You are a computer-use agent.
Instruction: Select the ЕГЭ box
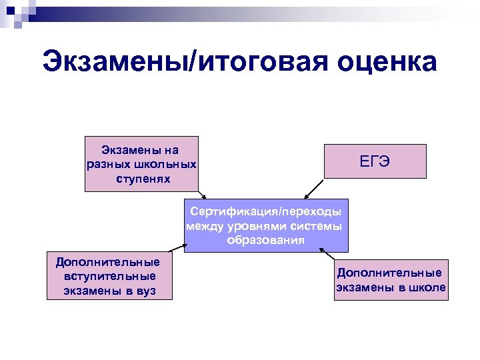pyautogui.click(x=375, y=161)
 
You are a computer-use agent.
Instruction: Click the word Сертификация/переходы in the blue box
pyautogui.click(x=265, y=211)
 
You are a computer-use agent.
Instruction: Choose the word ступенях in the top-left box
pyautogui.click(x=142, y=179)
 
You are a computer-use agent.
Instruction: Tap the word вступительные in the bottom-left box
pyautogui.click(x=110, y=276)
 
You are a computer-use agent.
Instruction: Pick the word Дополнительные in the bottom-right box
pyautogui.click(x=389, y=273)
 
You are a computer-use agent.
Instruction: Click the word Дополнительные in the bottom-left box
pyautogui.click(x=108, y=261)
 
